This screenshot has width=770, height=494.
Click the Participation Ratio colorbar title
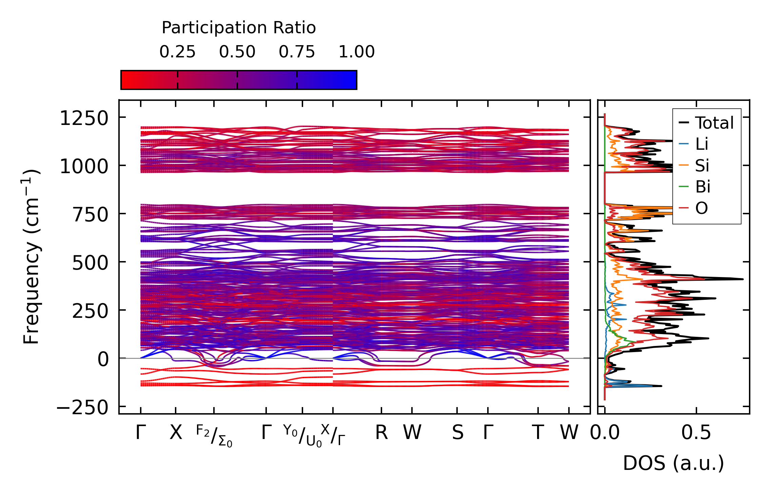pyautogui.click(x=239, y=28)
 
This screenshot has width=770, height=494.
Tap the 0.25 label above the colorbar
pyautogui.click(x=177, y=52)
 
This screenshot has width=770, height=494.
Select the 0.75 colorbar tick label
pyautogui.click(x=297, y=52)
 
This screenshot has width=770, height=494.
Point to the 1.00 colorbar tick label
pyautogui.click(x=356, y=52)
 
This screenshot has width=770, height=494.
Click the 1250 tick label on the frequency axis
pyautogui.click(x=84, y=118)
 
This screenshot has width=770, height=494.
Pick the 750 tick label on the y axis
pyautogui.click(x=90, y=215)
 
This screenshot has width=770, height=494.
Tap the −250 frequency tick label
pyautogui.click(x=82, y=407)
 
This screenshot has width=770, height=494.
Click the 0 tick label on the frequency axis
pyautogui.click(x=103, y=359)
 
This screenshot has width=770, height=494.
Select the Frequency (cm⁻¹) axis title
pyautogui.click(x=32, y=257)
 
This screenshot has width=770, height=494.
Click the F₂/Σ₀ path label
pyautogui.click(x=214, y=436)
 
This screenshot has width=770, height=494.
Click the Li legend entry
pyautogui.click(x=702, y=144)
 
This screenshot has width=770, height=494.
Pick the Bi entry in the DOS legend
pyautogui.click(x=703, y=187)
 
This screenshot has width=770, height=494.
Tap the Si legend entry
pyautogui.click(x=702, y=166)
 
